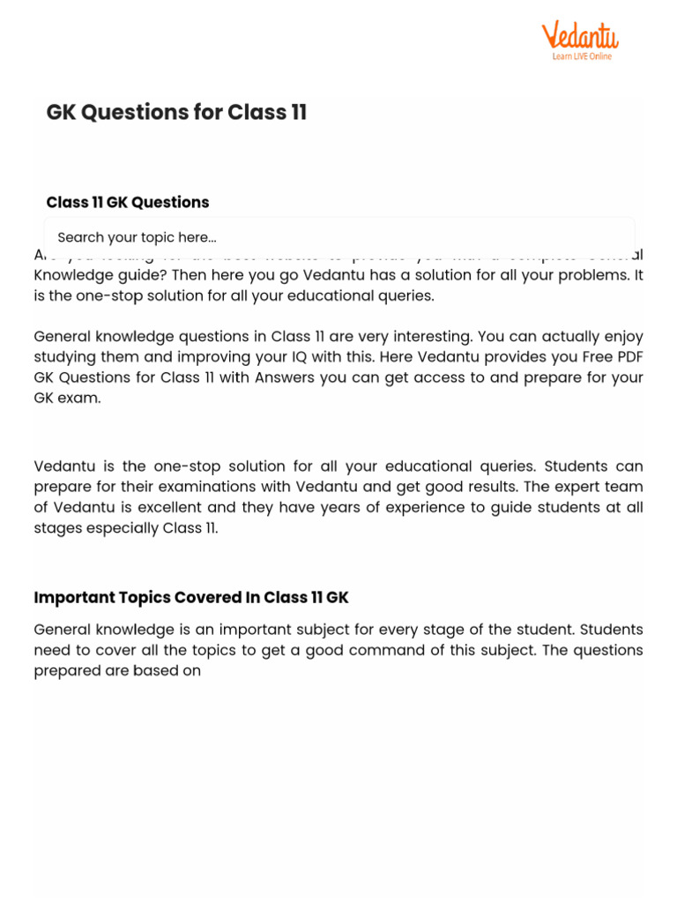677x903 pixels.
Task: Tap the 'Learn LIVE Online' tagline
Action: coord(582,56)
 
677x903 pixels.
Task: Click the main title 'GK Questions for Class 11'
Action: coord(176,113)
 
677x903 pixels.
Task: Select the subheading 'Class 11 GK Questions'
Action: coord(128,203)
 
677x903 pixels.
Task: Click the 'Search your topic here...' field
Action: coord(339,237)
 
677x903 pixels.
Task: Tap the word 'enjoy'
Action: coord(623,337)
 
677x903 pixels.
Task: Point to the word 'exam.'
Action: coord(80,398)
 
